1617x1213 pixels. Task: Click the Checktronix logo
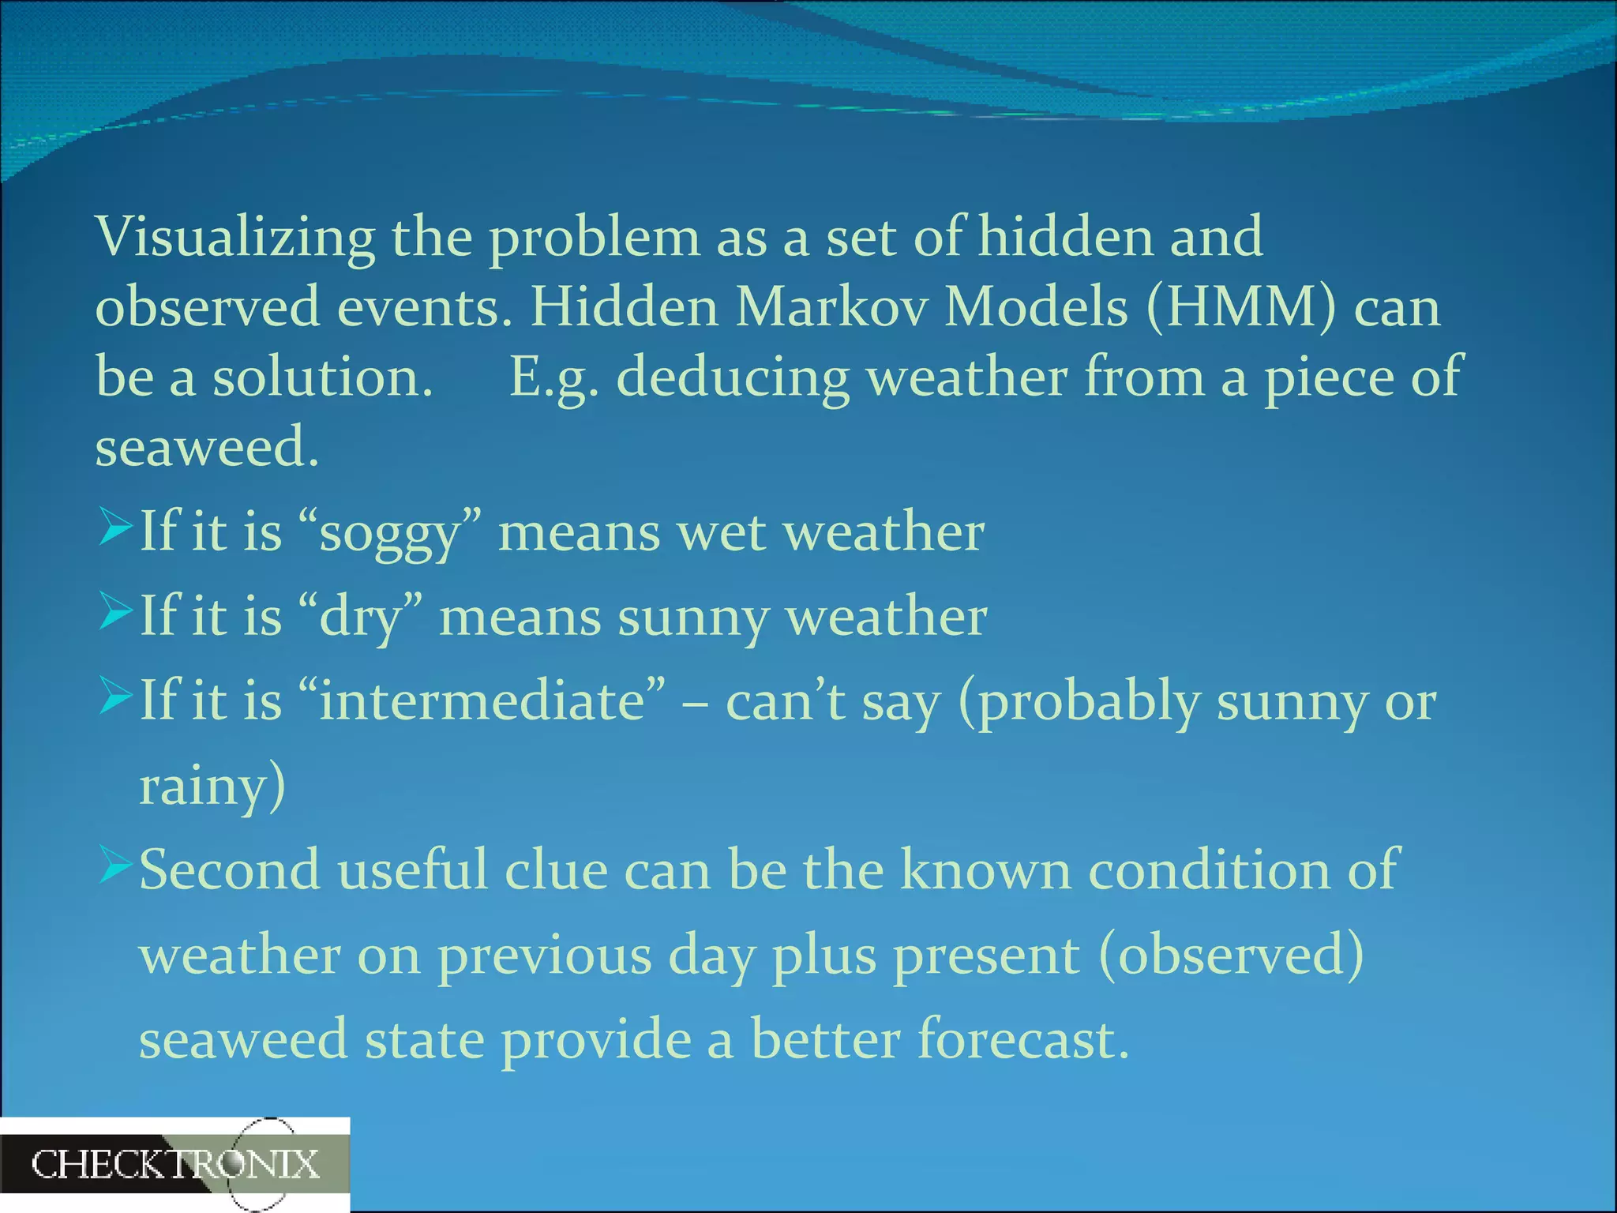pyautogui.click(x=175, y=1165)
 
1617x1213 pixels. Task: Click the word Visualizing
pyautogui.click(x=234, y=237)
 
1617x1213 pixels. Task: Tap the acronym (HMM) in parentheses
pyautogui.click(x=1240, y=306)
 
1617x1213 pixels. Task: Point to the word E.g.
pyautogui.click(x=553, y=377)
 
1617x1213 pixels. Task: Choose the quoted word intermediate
pyautogui.click(x=482, y=701)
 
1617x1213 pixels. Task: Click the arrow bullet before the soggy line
pyautogui.click(x=115, y=528)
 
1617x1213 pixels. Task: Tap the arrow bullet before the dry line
pyautogui.click(x=115, y=613)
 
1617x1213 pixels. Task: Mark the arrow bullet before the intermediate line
pyautogui.click(x=115, y=697)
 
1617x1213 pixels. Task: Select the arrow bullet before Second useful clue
pyautogui.click(x=115, y=866)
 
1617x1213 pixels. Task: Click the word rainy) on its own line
pyautogui.click(x=212, y=786)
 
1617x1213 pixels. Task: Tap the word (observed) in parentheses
pyautogui.click(x=1230, y=955)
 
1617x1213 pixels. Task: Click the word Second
pyautogui.click(x=230, y=870)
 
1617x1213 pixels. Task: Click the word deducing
pyautogui.click(x=732, y=377)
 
